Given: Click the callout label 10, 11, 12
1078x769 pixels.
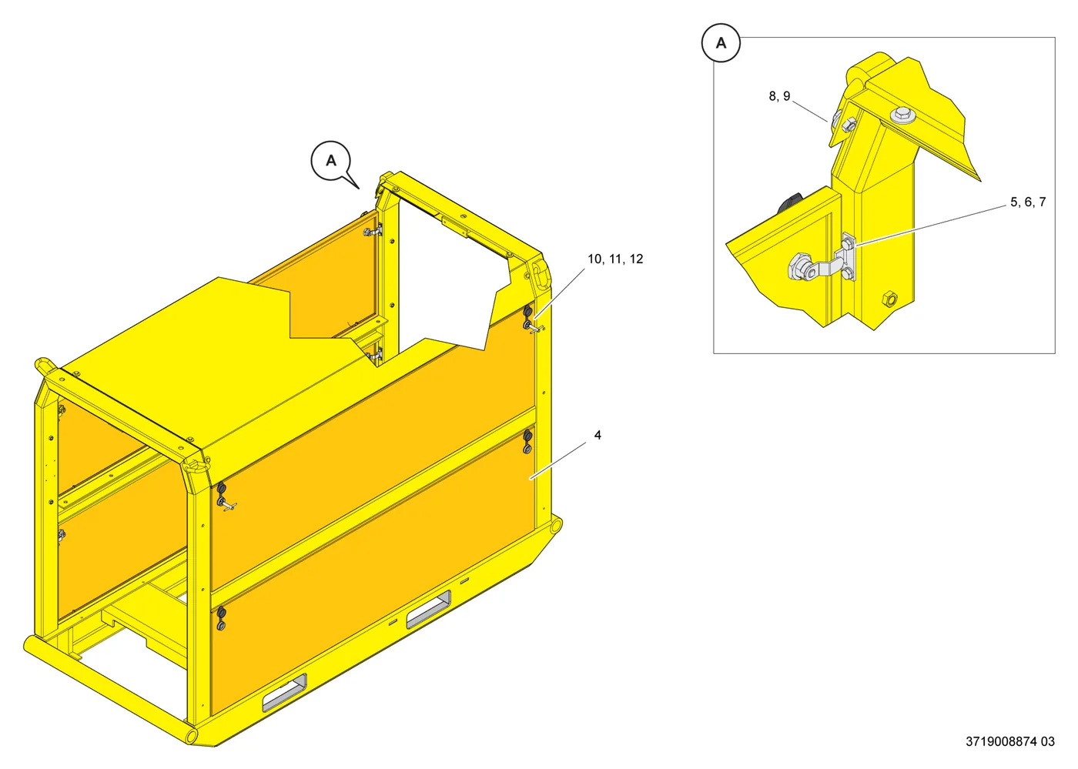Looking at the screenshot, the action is (615, 259).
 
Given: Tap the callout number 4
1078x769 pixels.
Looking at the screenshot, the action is (598, 435).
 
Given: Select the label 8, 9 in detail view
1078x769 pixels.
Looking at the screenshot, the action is (779, 96).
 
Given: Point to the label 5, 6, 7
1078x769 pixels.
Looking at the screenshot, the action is (1028, 202).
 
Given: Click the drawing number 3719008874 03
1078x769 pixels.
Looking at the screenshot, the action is (1010, 741).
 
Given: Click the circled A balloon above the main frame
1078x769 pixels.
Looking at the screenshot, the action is (330, 161).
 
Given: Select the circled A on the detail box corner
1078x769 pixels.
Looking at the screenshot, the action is (721, 43).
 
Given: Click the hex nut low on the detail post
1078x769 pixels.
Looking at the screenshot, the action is (889, 299).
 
